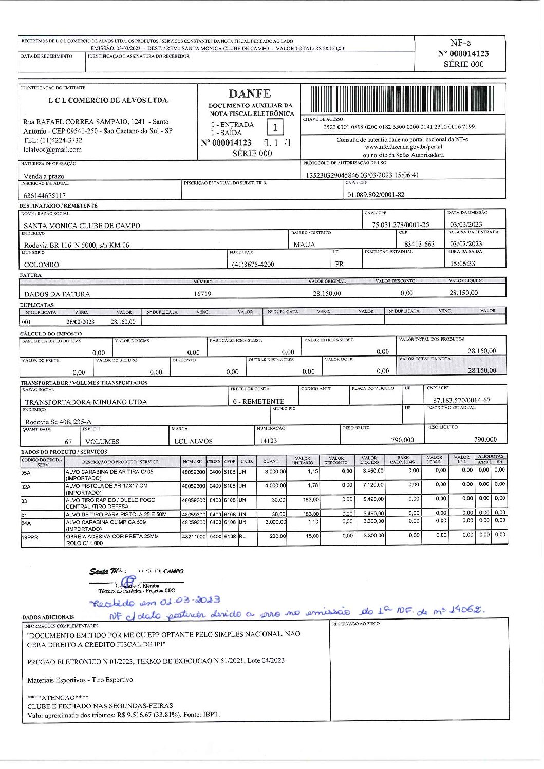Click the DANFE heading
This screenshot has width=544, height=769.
250,94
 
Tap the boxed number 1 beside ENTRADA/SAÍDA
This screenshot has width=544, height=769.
275,127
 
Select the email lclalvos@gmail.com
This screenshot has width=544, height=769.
52,150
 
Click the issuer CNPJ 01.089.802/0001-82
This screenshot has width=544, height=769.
376,195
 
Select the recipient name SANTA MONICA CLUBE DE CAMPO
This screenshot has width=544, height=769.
82,226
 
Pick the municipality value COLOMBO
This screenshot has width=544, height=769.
42,265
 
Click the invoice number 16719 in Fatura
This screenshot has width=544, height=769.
202,294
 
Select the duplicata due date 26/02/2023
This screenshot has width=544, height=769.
81,322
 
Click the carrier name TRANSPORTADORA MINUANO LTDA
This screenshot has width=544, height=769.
86,402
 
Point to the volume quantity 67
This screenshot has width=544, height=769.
68,442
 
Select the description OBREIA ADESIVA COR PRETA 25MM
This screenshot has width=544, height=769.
112,536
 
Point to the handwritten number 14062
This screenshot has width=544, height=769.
466,610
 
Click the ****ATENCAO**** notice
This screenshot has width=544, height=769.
58,698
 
